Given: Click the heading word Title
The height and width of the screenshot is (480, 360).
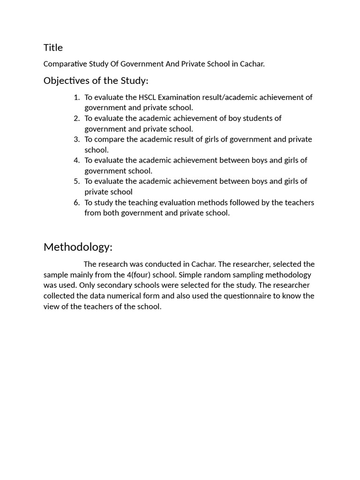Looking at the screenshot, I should (x=53, y=47).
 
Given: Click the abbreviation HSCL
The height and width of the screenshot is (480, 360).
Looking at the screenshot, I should (x=148, y=97).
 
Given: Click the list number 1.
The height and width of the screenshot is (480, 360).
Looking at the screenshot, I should (x=76, y=97).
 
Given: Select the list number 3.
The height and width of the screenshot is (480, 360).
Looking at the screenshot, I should (x=76, y=139).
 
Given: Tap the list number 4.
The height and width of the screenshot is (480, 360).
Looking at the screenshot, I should (x=76, y=160).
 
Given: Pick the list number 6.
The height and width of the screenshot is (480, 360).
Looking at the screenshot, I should (x=76, y=202).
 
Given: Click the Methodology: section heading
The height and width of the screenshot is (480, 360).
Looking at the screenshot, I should (x=78, y=247).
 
